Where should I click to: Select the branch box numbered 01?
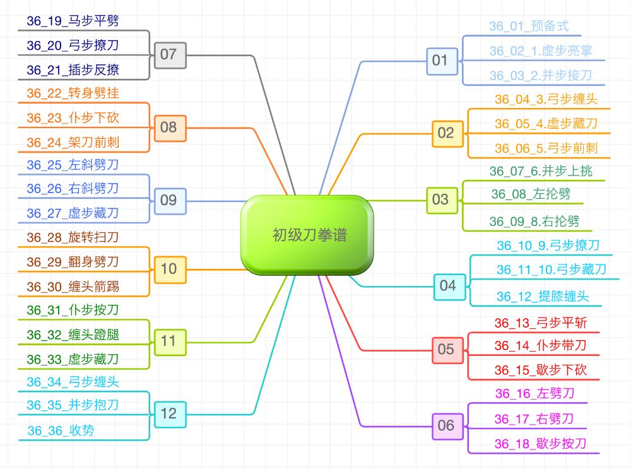click(440, 61)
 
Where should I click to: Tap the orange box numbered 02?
click(445, 133)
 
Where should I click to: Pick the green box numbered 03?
click(440, 200)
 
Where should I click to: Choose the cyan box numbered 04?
click(447, 285)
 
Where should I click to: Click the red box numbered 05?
click(445, 350)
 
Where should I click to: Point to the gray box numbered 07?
click(168, 54)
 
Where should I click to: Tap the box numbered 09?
click(168, 201)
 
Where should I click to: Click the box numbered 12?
click(168, 414)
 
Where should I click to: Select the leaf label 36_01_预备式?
click(529, 26)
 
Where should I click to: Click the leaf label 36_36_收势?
click(61, 431)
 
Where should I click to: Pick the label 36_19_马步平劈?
click(73, 21)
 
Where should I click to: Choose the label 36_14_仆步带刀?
click(540, 345)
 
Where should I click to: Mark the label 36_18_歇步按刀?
click(540, 443)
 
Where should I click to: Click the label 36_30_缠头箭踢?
click(73, 287)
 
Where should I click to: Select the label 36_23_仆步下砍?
click(73, 118)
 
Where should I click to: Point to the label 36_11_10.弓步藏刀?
click(551, 270)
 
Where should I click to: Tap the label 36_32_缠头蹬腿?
click(73, 335)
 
